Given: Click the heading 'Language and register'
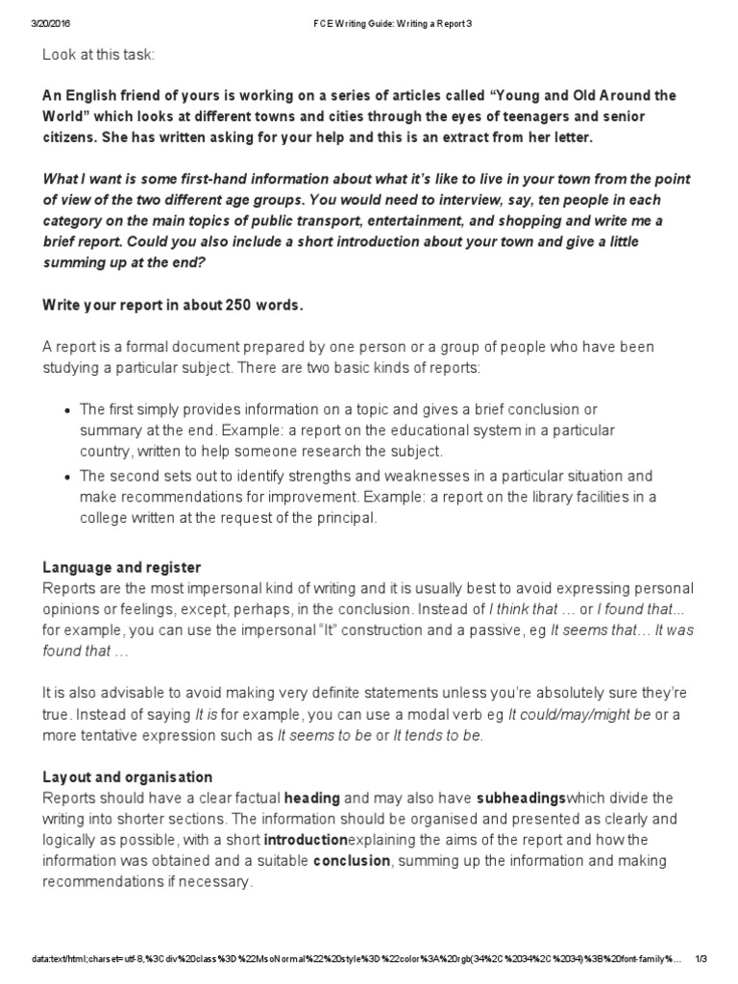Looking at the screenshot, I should coord(121,568).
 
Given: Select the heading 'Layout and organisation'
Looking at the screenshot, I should coord(128,776).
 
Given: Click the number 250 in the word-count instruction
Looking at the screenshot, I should coord(239,305).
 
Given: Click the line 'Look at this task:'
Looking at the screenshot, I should coord(98,55).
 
